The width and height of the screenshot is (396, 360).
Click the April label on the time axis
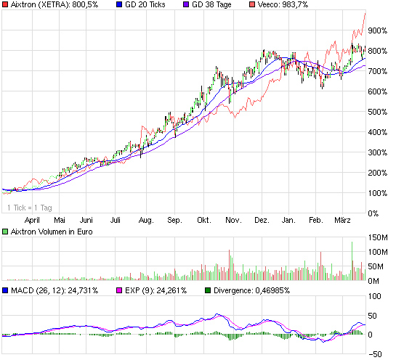click(32, 219)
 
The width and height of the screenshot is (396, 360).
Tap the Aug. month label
click(145, 219)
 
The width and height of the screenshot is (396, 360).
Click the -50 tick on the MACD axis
click(376, 354)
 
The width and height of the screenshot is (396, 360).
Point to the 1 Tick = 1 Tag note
click(30, 208)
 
